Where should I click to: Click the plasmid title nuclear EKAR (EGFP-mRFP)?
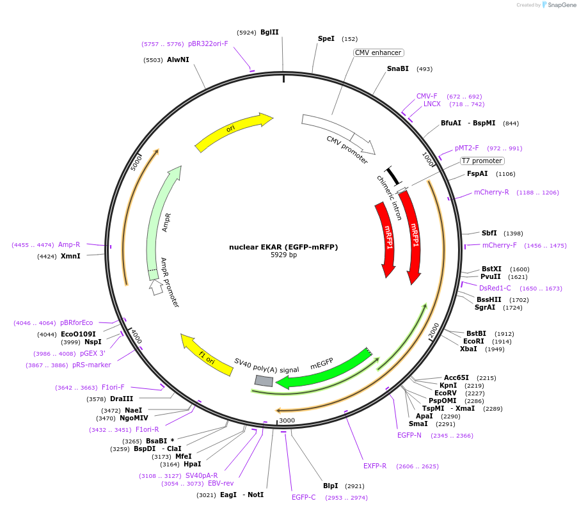283,247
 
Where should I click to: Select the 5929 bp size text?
283,255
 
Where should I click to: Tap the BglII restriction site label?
269,32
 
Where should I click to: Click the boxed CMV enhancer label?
378,52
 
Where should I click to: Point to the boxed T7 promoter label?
482,161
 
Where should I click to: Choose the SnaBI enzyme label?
397,68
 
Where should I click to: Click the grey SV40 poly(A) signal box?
264,381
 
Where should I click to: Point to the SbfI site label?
489,233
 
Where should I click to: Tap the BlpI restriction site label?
330,486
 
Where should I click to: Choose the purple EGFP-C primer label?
303,497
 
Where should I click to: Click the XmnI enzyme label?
70,256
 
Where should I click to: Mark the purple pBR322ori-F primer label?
207,44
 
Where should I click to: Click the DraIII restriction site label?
121,399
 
